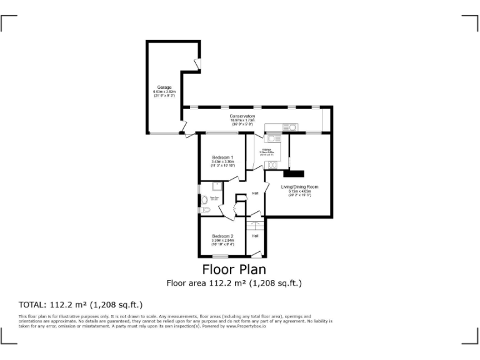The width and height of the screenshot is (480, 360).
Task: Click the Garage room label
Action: (164, 87)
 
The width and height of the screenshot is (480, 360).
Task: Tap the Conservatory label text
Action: (242, 116)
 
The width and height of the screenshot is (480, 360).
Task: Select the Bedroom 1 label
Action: (222, 157)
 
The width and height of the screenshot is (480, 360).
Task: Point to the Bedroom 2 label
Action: (222, 236)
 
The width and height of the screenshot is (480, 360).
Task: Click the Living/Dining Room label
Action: (299, 187)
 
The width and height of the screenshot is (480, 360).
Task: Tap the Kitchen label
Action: (265, 149)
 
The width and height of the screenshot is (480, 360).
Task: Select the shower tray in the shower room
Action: (216, 186)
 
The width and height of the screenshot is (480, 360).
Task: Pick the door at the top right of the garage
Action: (197, 64)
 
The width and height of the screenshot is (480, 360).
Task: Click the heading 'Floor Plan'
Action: (234, 269)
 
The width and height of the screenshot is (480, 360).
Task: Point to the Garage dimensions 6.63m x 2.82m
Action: (164, 92)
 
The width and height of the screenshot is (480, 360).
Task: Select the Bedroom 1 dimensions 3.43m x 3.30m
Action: (222, 162)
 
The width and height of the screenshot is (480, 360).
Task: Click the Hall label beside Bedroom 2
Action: (255, 236)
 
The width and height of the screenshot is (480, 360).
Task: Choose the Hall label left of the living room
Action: (255, 193)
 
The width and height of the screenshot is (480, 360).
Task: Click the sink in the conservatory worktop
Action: (291, 127)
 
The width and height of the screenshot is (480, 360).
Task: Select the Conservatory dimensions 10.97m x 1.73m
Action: (242, 121)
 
